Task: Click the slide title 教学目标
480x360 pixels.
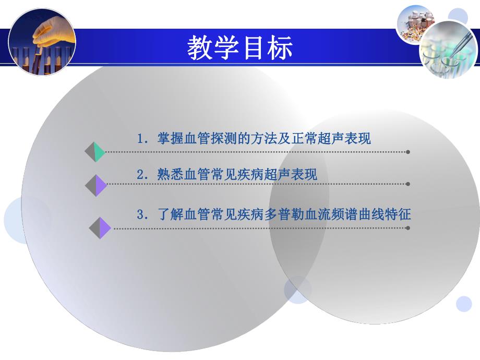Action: pyautogui.click(x=240, y=48)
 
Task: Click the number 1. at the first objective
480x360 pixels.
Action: pyautogui.click(x=143, y=139)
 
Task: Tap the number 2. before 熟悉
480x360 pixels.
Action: pyautogui.click(x=143, y=175)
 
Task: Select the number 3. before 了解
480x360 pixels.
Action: pyautogui.click(x=143, y=214)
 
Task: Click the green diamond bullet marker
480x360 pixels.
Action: pyautogui.click(x=95, y=152)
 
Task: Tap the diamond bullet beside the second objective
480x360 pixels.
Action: pyautogui.click(x=96, y=185)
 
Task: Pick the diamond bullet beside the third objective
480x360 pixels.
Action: pyautogui.click(x=100, y=228)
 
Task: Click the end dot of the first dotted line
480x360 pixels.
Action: pyautogui.click(x=407, y=152)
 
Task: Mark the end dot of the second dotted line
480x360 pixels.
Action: pyautogui.click(x=407, y=184)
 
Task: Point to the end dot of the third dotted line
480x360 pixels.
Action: pyautogui.click(x=407, y=228)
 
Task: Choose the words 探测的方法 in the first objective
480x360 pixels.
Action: pyautogui.click(x=250, y=139)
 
